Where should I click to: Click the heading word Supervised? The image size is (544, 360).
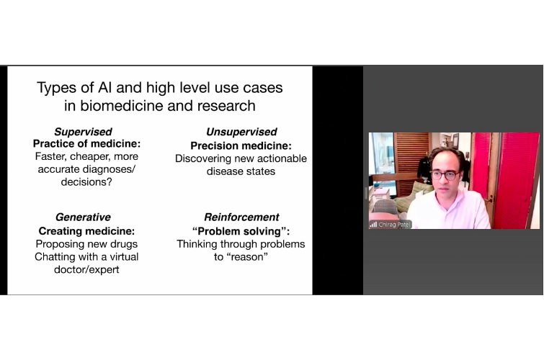[83, 132]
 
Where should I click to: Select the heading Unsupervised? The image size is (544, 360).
[241, 132]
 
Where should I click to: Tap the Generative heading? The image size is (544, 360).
[83, 217]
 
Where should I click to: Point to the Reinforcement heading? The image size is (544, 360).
[241, 217]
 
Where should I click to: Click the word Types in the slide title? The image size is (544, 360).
[56, 88]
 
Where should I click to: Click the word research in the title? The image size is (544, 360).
[226, 106]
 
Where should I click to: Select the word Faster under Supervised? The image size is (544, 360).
[50, 156]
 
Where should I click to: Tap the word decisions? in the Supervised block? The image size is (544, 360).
[86, 181]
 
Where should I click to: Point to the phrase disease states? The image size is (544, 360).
[241, 171]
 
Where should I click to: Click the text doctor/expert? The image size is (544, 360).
[86, 269]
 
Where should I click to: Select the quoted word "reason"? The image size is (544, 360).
[249, 256]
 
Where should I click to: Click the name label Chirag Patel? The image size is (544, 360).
[394, 225]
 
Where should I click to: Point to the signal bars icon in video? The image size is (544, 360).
[373, 225]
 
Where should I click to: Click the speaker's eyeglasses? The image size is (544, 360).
[445, 176]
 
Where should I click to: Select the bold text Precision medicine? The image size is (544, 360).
[241, 145]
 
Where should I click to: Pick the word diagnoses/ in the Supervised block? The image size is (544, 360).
[111, 169]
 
